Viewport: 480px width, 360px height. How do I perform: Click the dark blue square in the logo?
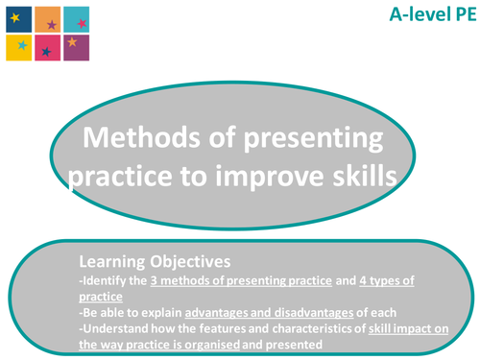pyautogui.click(x=18, y=16)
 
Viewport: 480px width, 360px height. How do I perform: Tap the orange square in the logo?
pyautogui.click(x=47, y=17)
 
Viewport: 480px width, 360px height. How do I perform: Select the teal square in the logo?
pyautogui.click(x=77, y=17)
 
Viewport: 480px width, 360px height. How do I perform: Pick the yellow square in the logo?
pyautogui.click(x=18, y=46)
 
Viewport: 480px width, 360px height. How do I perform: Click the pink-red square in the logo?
pyautogui.click(x=47, y=46)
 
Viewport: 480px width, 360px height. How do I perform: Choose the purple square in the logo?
pyautogui.click(x=77, y=46)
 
